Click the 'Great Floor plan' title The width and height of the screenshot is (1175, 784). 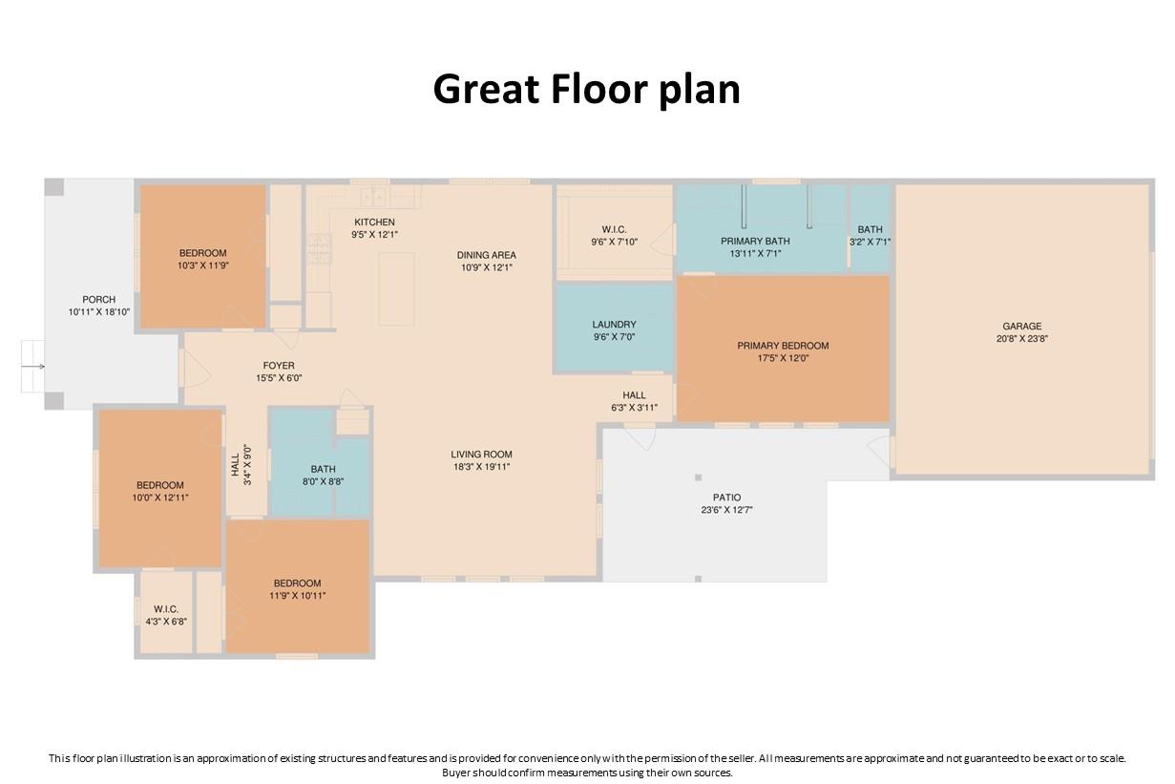(586, 90)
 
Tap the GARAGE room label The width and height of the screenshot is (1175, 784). (1022, 326)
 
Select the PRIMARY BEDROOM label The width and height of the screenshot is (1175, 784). (783, 346)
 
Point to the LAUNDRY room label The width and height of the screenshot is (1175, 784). (614, 325)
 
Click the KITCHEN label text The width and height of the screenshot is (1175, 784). (374, 222)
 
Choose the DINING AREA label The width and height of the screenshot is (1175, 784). (486, 255)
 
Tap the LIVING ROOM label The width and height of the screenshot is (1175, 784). (481, 455)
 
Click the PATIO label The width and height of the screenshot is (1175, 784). (726, 498)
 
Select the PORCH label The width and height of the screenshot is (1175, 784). (98, 300)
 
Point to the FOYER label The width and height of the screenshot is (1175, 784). (279, 366)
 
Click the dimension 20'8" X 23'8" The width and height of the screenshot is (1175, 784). (1022, 339)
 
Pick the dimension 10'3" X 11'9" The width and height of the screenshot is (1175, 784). (202, 266)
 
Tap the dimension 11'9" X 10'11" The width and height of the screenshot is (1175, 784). (297, 596)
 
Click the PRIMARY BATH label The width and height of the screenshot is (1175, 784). (755, 242)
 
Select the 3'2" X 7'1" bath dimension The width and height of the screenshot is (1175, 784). (870, 243)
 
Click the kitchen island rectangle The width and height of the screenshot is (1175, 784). (396, 288)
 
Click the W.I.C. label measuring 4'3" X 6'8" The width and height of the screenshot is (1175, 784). (166, 609)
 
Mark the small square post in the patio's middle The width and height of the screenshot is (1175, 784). (698, 477)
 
